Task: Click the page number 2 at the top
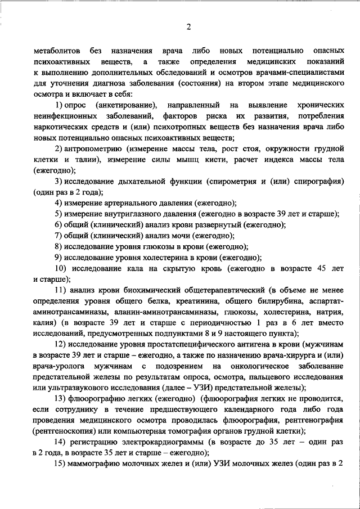pyautogui.click(x=188, y=27)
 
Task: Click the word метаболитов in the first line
pyautogui.click(x=56, y=51)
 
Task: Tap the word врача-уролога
pyautogui.click(x=59, y=366)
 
